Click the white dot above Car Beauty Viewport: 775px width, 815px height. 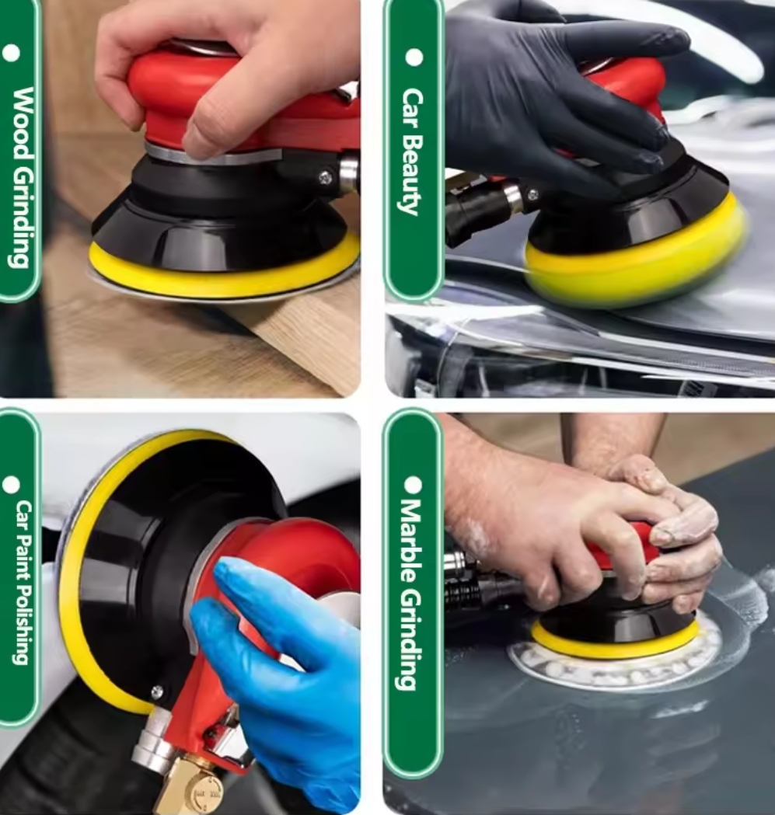[x=414, y=57]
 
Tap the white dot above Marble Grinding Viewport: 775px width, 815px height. [x=413, y=485]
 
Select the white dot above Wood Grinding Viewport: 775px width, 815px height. [x=11, y=53]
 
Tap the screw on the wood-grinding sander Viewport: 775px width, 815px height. [x=326, y=178]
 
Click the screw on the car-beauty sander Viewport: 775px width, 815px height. [x=532, y=194]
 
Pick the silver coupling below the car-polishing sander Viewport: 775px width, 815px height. [x=152, y=738]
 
